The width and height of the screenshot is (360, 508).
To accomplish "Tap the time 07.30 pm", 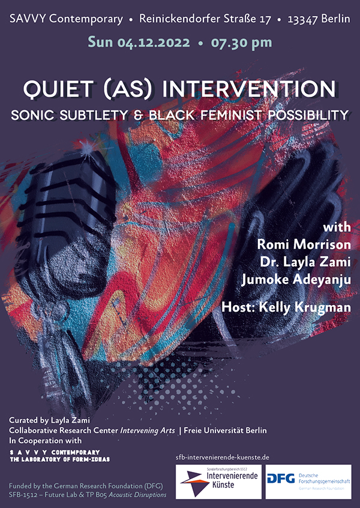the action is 242,43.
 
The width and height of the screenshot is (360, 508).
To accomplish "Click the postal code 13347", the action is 302,19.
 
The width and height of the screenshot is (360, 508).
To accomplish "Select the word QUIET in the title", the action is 58,89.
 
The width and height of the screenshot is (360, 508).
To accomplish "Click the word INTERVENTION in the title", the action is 248,89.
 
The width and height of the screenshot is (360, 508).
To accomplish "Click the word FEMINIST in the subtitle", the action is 233,115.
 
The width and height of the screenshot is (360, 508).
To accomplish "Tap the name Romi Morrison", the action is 304,244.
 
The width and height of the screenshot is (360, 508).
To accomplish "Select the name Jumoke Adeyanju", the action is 296,280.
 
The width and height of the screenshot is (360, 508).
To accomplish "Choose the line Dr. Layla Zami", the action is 305,262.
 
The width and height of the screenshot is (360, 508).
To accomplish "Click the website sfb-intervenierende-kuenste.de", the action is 223,458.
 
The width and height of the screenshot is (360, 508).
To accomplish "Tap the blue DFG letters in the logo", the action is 281,478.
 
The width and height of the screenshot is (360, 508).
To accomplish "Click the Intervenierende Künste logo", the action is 218,482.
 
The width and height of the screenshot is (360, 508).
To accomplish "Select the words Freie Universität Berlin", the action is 225,431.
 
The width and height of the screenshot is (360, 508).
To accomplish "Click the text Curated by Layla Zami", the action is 49,420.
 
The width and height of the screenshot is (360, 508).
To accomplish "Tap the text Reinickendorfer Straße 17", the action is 205,19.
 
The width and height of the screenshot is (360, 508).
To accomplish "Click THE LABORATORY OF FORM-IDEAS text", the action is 59,459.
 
